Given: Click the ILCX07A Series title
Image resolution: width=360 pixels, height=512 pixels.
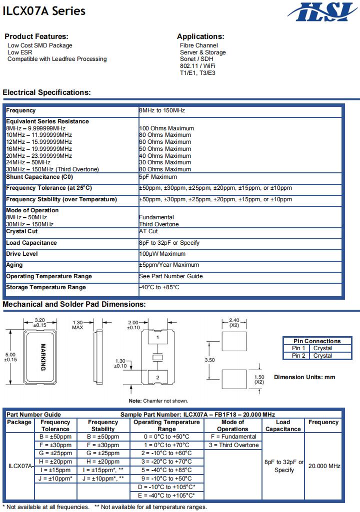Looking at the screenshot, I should tap(44, 11).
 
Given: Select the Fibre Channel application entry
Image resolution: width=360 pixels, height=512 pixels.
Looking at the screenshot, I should tap(198, 45).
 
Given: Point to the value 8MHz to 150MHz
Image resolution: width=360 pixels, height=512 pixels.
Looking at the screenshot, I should tap(161, 110).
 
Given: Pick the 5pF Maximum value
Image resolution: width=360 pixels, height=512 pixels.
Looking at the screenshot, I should tap(157, 177).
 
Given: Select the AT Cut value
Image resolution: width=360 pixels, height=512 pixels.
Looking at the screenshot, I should tap(148, 232).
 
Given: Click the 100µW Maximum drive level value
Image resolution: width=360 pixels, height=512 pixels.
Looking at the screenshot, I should tap(162, 254).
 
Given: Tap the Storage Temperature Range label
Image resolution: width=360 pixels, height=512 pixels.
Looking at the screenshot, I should tap(46, 288).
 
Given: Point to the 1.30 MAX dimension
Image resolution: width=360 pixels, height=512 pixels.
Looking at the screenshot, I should tap(77, 325).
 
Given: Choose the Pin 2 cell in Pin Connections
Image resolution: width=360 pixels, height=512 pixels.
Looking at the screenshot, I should tap(298, 356).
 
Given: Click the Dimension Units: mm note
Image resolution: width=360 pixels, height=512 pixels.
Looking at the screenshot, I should tap(304, 377).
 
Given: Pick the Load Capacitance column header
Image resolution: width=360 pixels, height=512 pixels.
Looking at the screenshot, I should tap(282, 426).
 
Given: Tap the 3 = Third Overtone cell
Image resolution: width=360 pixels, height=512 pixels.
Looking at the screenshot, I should tap(233, 445).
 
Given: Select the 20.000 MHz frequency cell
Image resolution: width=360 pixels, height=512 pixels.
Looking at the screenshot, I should tap(324, 466).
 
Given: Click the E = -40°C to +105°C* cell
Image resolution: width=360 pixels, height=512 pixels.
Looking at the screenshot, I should tap(166, 496).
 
